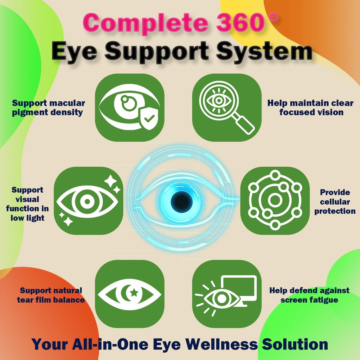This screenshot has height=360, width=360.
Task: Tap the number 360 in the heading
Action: click(239, 22)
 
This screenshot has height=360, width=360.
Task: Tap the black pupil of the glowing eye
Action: click(181, 201)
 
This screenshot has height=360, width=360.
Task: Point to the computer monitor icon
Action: click(239, 290)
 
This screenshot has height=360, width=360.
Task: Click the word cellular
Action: click(335, 202)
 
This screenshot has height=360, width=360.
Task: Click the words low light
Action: click(27, 218)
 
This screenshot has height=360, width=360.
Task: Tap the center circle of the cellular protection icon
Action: click(275, 200)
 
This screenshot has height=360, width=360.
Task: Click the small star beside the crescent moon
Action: click(134, 292)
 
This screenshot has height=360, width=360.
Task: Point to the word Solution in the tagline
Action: click(295, 345)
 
